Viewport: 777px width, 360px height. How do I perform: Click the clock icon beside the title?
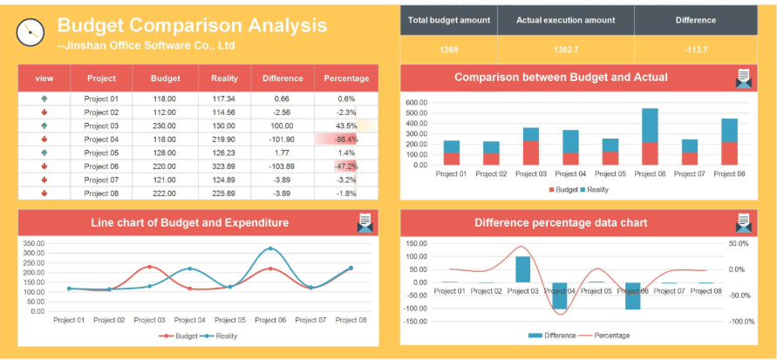(30, 31)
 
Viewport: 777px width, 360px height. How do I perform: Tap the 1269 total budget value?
(448, 50)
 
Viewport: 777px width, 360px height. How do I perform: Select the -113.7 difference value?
(696, 50)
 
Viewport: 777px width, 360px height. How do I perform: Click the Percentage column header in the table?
(346, 78)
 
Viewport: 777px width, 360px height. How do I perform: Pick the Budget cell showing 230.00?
(165, 126)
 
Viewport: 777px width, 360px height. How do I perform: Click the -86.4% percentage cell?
(346, 139)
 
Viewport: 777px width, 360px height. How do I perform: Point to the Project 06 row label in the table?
(101, 166)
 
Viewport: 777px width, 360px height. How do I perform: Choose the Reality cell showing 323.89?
(224, 166)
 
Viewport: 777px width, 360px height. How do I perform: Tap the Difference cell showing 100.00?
(282, 126)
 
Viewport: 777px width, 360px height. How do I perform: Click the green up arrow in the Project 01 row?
(44, 98)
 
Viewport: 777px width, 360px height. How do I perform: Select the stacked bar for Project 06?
(650, 136)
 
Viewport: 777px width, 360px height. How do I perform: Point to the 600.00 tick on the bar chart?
(417, 102)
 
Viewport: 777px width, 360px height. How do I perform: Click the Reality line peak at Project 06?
(271, 249)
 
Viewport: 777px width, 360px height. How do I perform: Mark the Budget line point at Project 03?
(149, 267)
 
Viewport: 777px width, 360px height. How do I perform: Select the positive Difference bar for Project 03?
(522, 269)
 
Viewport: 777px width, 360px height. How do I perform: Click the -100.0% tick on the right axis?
(742, 322)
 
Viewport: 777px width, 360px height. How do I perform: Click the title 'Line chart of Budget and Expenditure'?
(189, 223)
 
